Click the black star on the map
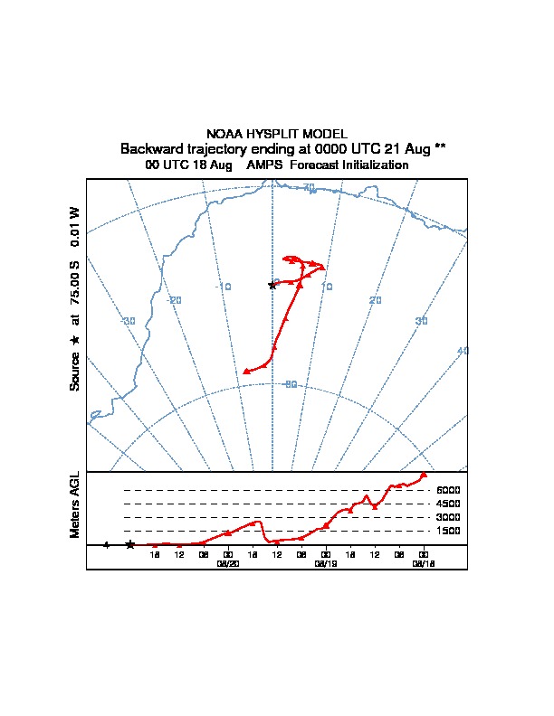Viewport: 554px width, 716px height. coord(272,285)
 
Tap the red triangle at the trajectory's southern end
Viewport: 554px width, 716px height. coord(246,371)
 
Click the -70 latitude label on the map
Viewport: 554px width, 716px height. coord(308,187)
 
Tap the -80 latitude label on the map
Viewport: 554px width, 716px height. coord(290,384)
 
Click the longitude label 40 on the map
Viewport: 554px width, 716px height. coord(463,351)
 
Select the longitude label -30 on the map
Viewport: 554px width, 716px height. coord(129,321)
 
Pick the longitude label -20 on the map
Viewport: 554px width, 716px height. coord(175,300)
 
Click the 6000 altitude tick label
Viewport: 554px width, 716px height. coord(448,490)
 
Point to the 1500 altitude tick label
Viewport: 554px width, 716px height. coord(448,531)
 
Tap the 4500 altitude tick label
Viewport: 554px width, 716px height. coord(448,504)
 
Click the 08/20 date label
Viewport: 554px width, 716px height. coord(227,562)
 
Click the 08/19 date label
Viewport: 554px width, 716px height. coord(325,562)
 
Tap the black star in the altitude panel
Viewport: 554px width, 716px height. coord(130,544)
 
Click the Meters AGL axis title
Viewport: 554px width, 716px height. coord(75,505)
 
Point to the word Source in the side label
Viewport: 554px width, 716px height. coord(75,370)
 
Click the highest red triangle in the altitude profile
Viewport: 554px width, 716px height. coord(423,476)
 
